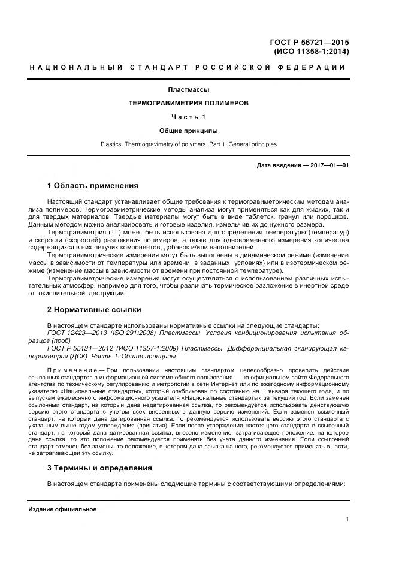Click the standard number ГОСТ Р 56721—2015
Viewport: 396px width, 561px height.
(310, 42)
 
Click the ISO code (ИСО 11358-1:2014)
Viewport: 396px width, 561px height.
(312, 52)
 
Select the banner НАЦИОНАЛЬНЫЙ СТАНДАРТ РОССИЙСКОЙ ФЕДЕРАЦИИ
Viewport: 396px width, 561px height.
(188, 67)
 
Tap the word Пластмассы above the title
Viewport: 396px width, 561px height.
(188, 90)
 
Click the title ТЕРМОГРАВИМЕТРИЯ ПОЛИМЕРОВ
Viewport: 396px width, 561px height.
(188, 103)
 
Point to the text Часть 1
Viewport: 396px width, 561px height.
(188, 116)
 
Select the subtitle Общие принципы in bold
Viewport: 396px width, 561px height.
(188, 130)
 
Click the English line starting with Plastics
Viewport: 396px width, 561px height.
(188, 144)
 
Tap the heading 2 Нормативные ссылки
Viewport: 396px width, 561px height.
(94, 310)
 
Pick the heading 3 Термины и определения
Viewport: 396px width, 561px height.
(99, 467)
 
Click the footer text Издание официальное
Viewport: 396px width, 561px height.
(62, 509)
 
